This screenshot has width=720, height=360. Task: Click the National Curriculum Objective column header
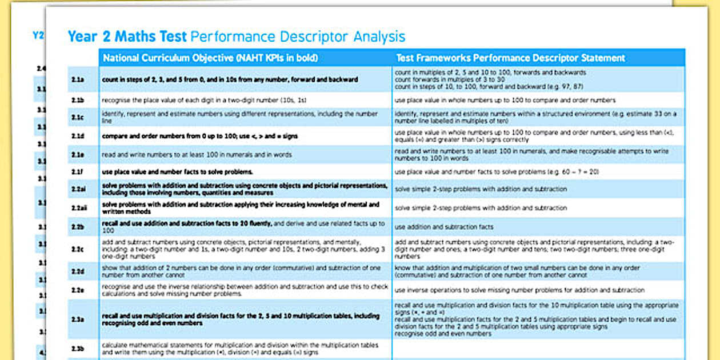tap(210, 58)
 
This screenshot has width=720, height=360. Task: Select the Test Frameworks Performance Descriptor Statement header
tap(510, 58)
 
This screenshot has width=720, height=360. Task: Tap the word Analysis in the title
tap(379, 37)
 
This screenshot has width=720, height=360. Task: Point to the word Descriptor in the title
tap(314, 37)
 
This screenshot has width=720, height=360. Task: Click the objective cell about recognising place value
tap(204, 100)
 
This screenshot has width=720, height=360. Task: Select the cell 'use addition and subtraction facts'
tap(444, 227)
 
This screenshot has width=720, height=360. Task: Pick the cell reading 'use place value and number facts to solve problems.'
tap(177, 171)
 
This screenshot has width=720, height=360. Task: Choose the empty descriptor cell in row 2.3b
tap(538, 349)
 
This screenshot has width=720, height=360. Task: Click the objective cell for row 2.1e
tap(197, 155)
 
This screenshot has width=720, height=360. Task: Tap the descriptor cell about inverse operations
tap(519, 290)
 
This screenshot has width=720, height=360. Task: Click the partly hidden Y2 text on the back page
tap(38, 35)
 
